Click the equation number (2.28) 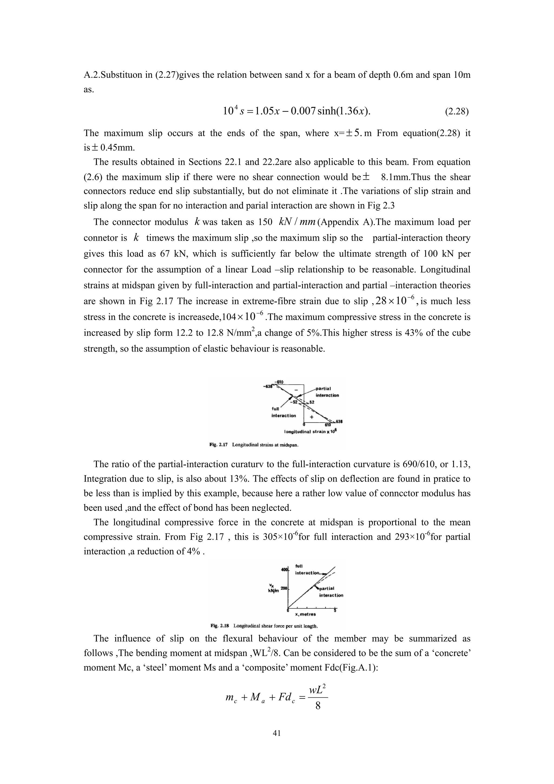(457, 112)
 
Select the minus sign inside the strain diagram (296, 390)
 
